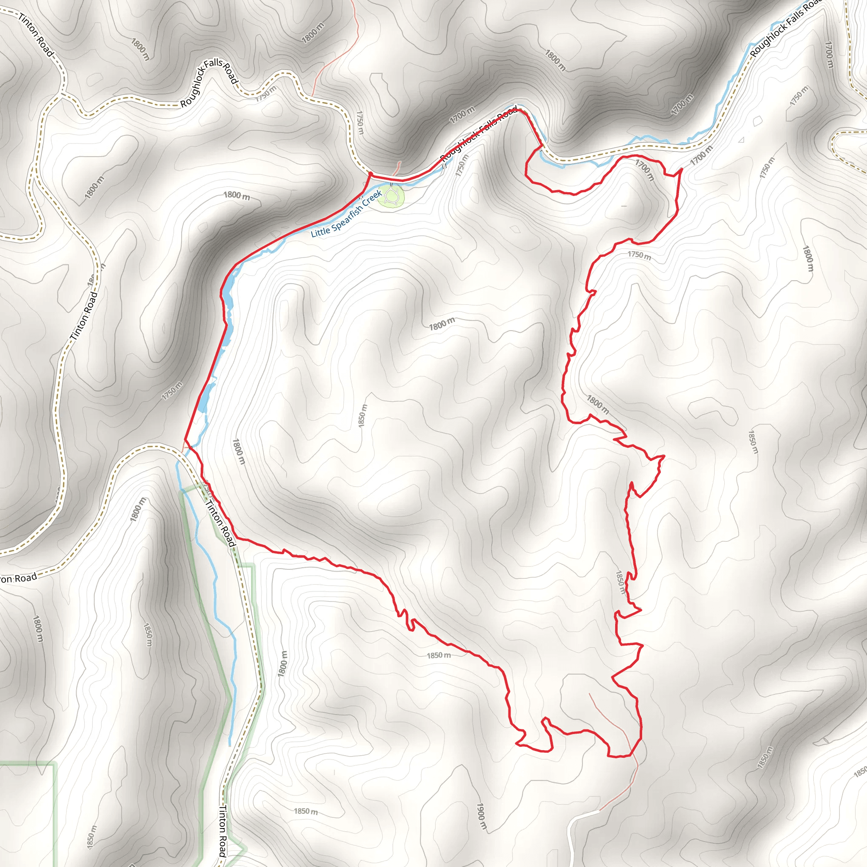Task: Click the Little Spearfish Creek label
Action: coord(346,214)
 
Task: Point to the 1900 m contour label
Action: coord(480,817)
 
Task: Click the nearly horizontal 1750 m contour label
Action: coord(639,255)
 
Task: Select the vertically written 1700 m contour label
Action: coord(829,55)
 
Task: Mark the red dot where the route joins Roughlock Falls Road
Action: coord(370,173)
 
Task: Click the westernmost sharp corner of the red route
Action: coord(185,440)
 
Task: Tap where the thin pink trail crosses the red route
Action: coord(630,755)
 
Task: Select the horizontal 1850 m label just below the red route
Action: coord(439,656)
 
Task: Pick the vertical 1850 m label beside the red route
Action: coord(620,583)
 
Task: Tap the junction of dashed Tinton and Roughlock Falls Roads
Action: coord(61,94)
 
